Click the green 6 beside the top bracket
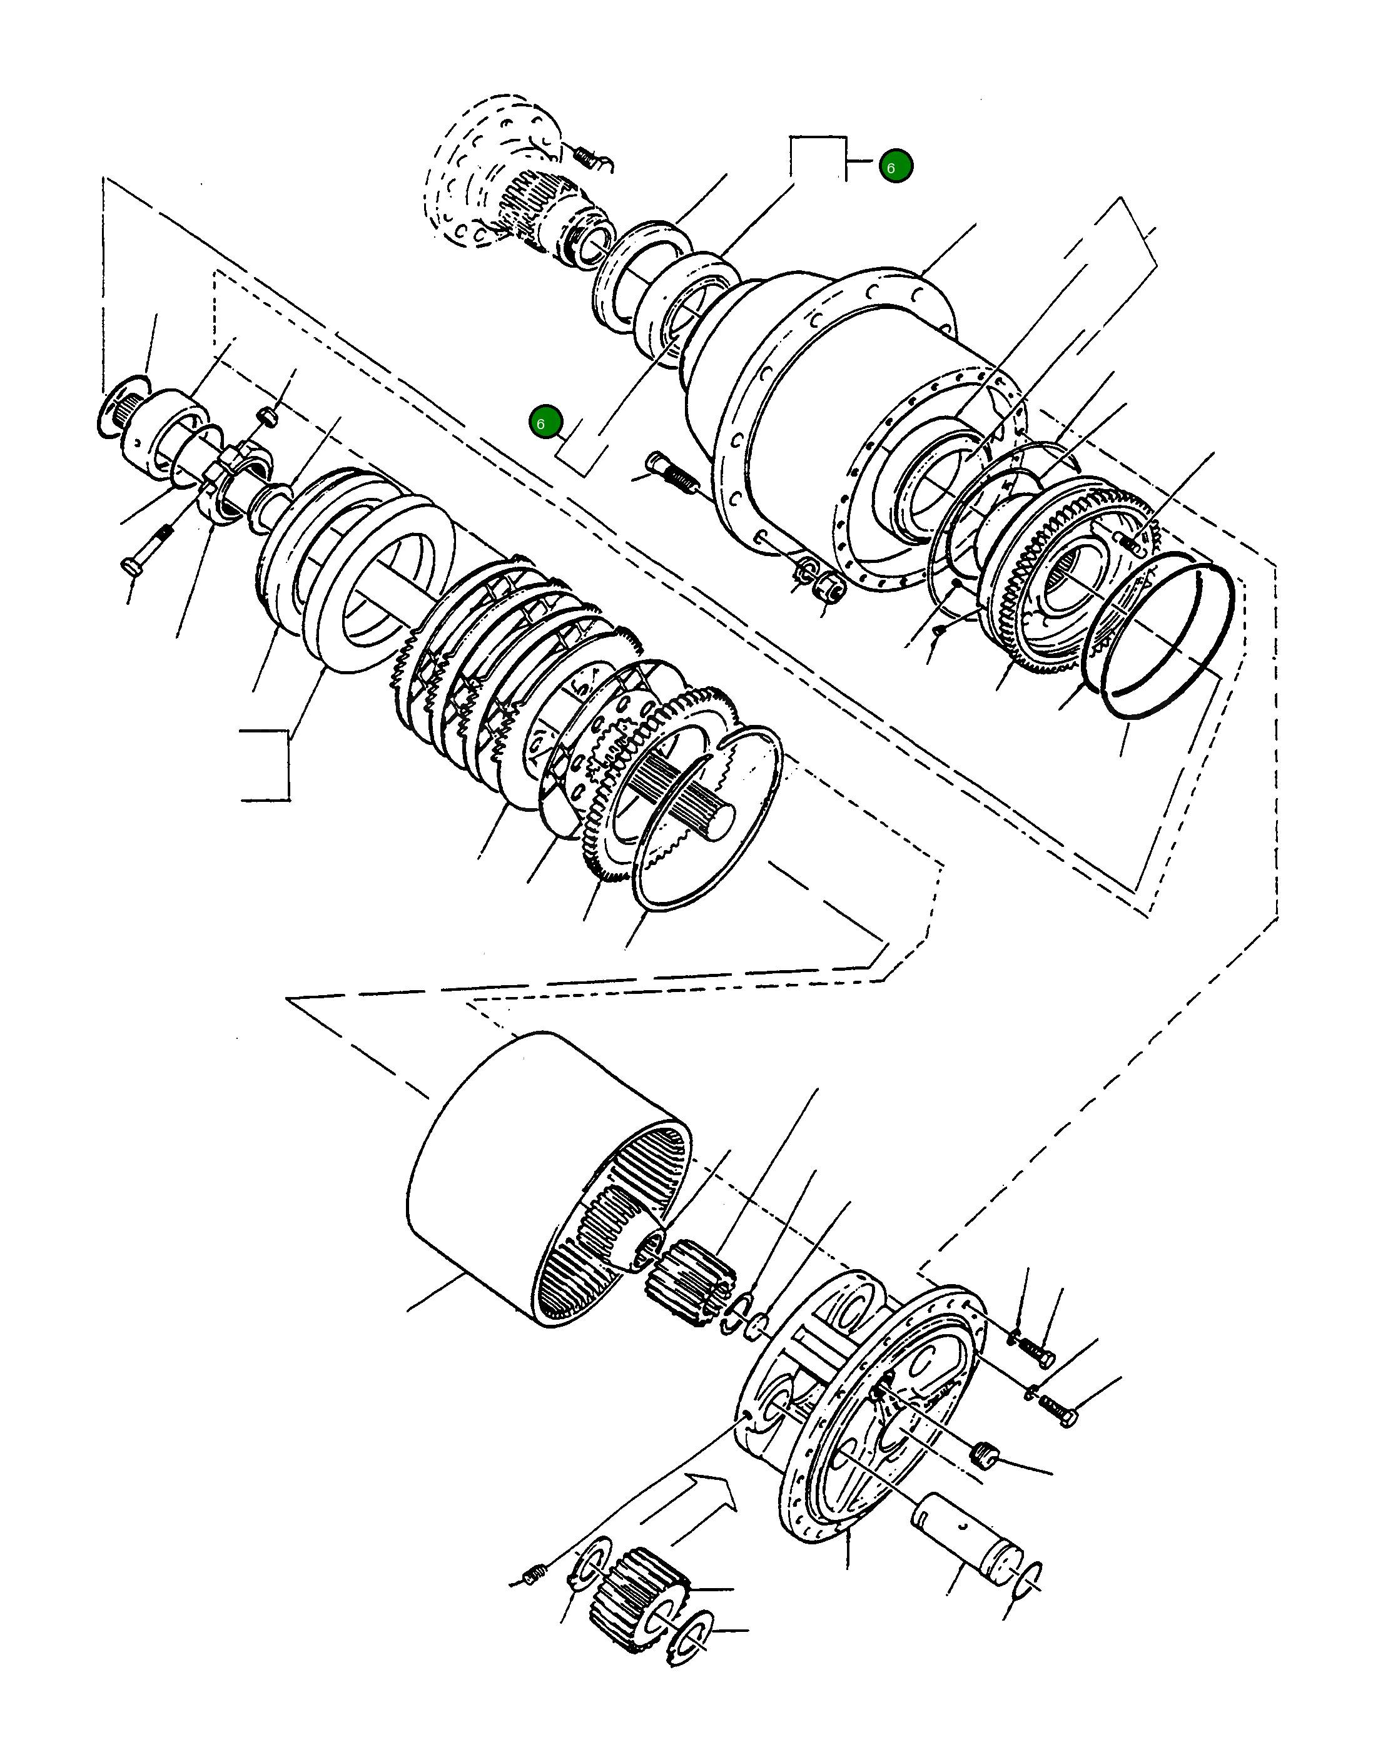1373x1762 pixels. [896, 166]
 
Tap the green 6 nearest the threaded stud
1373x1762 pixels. [545, 422]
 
